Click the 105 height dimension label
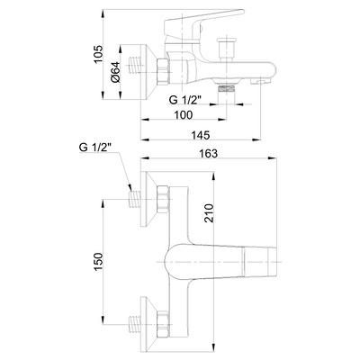coord(98,54)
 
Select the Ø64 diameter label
coord(115,72)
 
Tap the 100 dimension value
coord(184,114)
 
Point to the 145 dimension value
coord(201,135)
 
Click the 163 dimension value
coord(208,153)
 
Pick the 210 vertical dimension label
coord(209,213)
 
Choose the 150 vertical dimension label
coord(98,262)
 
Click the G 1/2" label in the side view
coord(184,99)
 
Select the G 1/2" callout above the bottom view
coord(94,147)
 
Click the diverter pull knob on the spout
coord(226,49)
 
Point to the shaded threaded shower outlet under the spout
coord(226,88)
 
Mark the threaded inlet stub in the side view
coord(135,65)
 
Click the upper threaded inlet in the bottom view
coord(135,199)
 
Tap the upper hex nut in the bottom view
coord(162,199)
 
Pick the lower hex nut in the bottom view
coord(162,324)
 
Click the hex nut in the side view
coord(162,72)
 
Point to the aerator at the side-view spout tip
coord(260,81)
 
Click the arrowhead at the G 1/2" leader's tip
coord(130,187)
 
